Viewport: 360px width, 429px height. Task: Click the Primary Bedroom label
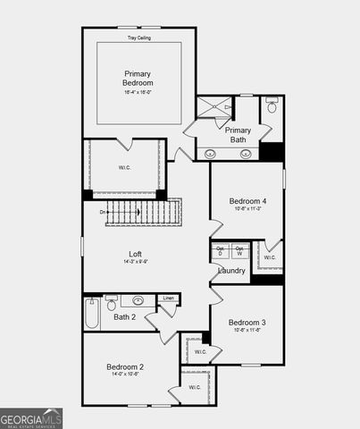coord(138,78)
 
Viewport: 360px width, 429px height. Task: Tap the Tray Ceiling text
coord(138,38)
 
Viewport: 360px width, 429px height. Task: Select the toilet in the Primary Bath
coord(272,109)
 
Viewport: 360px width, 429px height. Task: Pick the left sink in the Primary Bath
coord(210,154)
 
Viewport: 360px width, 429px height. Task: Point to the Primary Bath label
coord(238,134)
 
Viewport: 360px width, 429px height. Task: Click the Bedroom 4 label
coord(247,201)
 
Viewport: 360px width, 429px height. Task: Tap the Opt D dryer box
coord(221,251)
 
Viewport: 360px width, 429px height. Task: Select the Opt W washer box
coord(239,251)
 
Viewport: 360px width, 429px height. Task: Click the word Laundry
coord(231,271)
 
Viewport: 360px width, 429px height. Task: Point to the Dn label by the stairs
coord(103,212)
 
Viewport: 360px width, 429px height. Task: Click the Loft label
coord(135,255)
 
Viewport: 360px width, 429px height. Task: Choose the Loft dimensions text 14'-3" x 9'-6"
coord(135,263)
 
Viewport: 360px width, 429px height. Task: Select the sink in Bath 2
coord(139,301)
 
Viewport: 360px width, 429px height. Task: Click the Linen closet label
coord(167,298)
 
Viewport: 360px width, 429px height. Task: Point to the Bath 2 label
coord(124,316)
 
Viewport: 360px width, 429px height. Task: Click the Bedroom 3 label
coord(246,322)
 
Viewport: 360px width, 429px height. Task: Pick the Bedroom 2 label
coord(125,366)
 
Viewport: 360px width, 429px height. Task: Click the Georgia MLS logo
coord(31,417)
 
